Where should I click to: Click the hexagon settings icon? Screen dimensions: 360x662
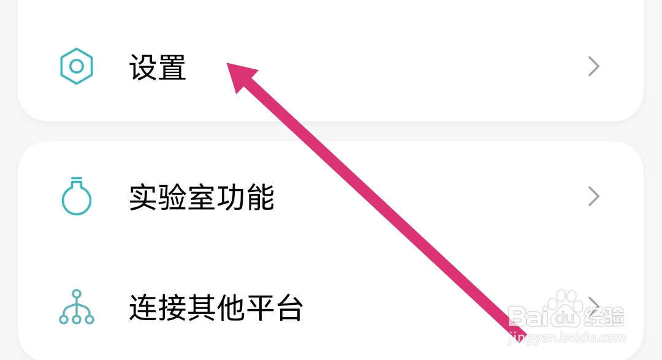77,66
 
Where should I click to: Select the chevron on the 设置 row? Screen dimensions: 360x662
593,66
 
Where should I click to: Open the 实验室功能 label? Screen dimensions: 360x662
202,197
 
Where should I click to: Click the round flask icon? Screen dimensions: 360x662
77,197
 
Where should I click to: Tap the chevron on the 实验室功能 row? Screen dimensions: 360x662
593,197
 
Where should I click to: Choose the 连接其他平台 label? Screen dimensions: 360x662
216,308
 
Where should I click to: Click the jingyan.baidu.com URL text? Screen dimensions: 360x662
567,337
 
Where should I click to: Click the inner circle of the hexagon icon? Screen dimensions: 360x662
77,66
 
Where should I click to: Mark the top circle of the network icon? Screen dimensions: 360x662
77,295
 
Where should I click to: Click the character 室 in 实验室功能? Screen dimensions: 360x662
202,197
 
